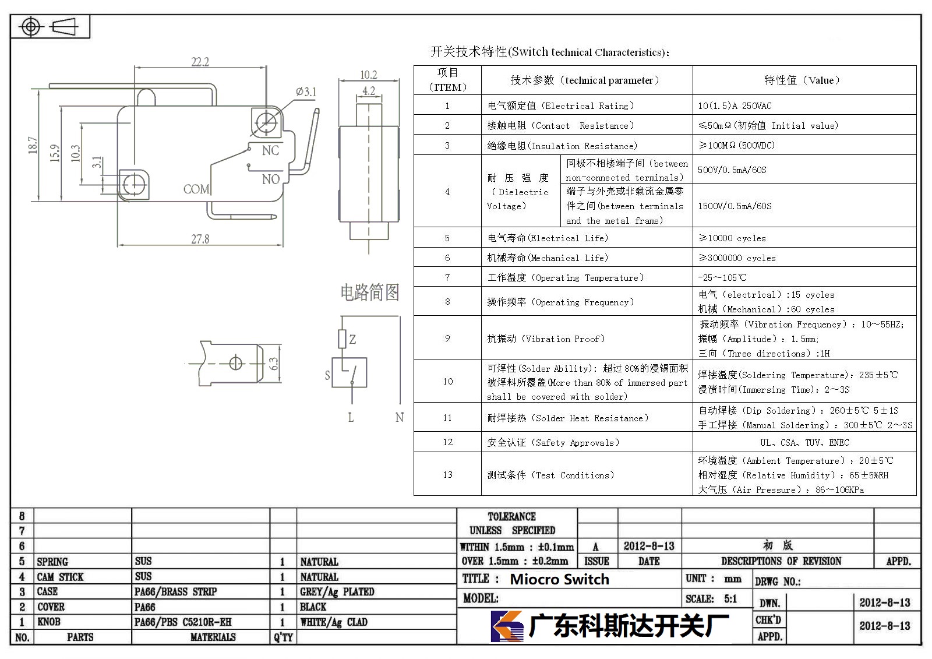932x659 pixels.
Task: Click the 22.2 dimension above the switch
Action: click(x=200, y=62)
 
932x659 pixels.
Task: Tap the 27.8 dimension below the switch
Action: click(x=200, y=239)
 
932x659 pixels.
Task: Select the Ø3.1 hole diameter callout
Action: click(x=306, y=91)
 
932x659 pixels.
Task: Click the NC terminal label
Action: click(x=270, y=150)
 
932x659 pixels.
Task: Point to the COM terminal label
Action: click(x=196, y=189)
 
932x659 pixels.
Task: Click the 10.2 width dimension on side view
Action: click(x=369, y=75)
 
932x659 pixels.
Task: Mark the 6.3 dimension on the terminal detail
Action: click(x=273, y=364)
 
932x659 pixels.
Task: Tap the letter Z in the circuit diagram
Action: click(x=352, y=339)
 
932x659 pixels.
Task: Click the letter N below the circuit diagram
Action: click(x=400, y=417)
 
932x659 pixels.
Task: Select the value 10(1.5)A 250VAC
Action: click(x=735, y=105)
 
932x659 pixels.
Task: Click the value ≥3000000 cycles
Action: click(x=737, y=258)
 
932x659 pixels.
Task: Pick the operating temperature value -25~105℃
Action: click(x=722, y=277)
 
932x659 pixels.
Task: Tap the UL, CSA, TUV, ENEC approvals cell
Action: click(x=804, y=442)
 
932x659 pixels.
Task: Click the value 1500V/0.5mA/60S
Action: click(x=735, y=206)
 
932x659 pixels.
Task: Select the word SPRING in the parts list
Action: click(x=52, y=562)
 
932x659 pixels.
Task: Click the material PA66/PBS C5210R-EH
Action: click(x=183, y=622)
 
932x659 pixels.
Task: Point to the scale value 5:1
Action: click(x=730, y=598)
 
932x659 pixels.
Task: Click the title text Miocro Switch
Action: click(x=559, y=579)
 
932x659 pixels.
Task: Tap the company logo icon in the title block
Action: click(x=507, y=626)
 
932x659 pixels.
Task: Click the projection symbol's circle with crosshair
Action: click(x=30, y=27)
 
